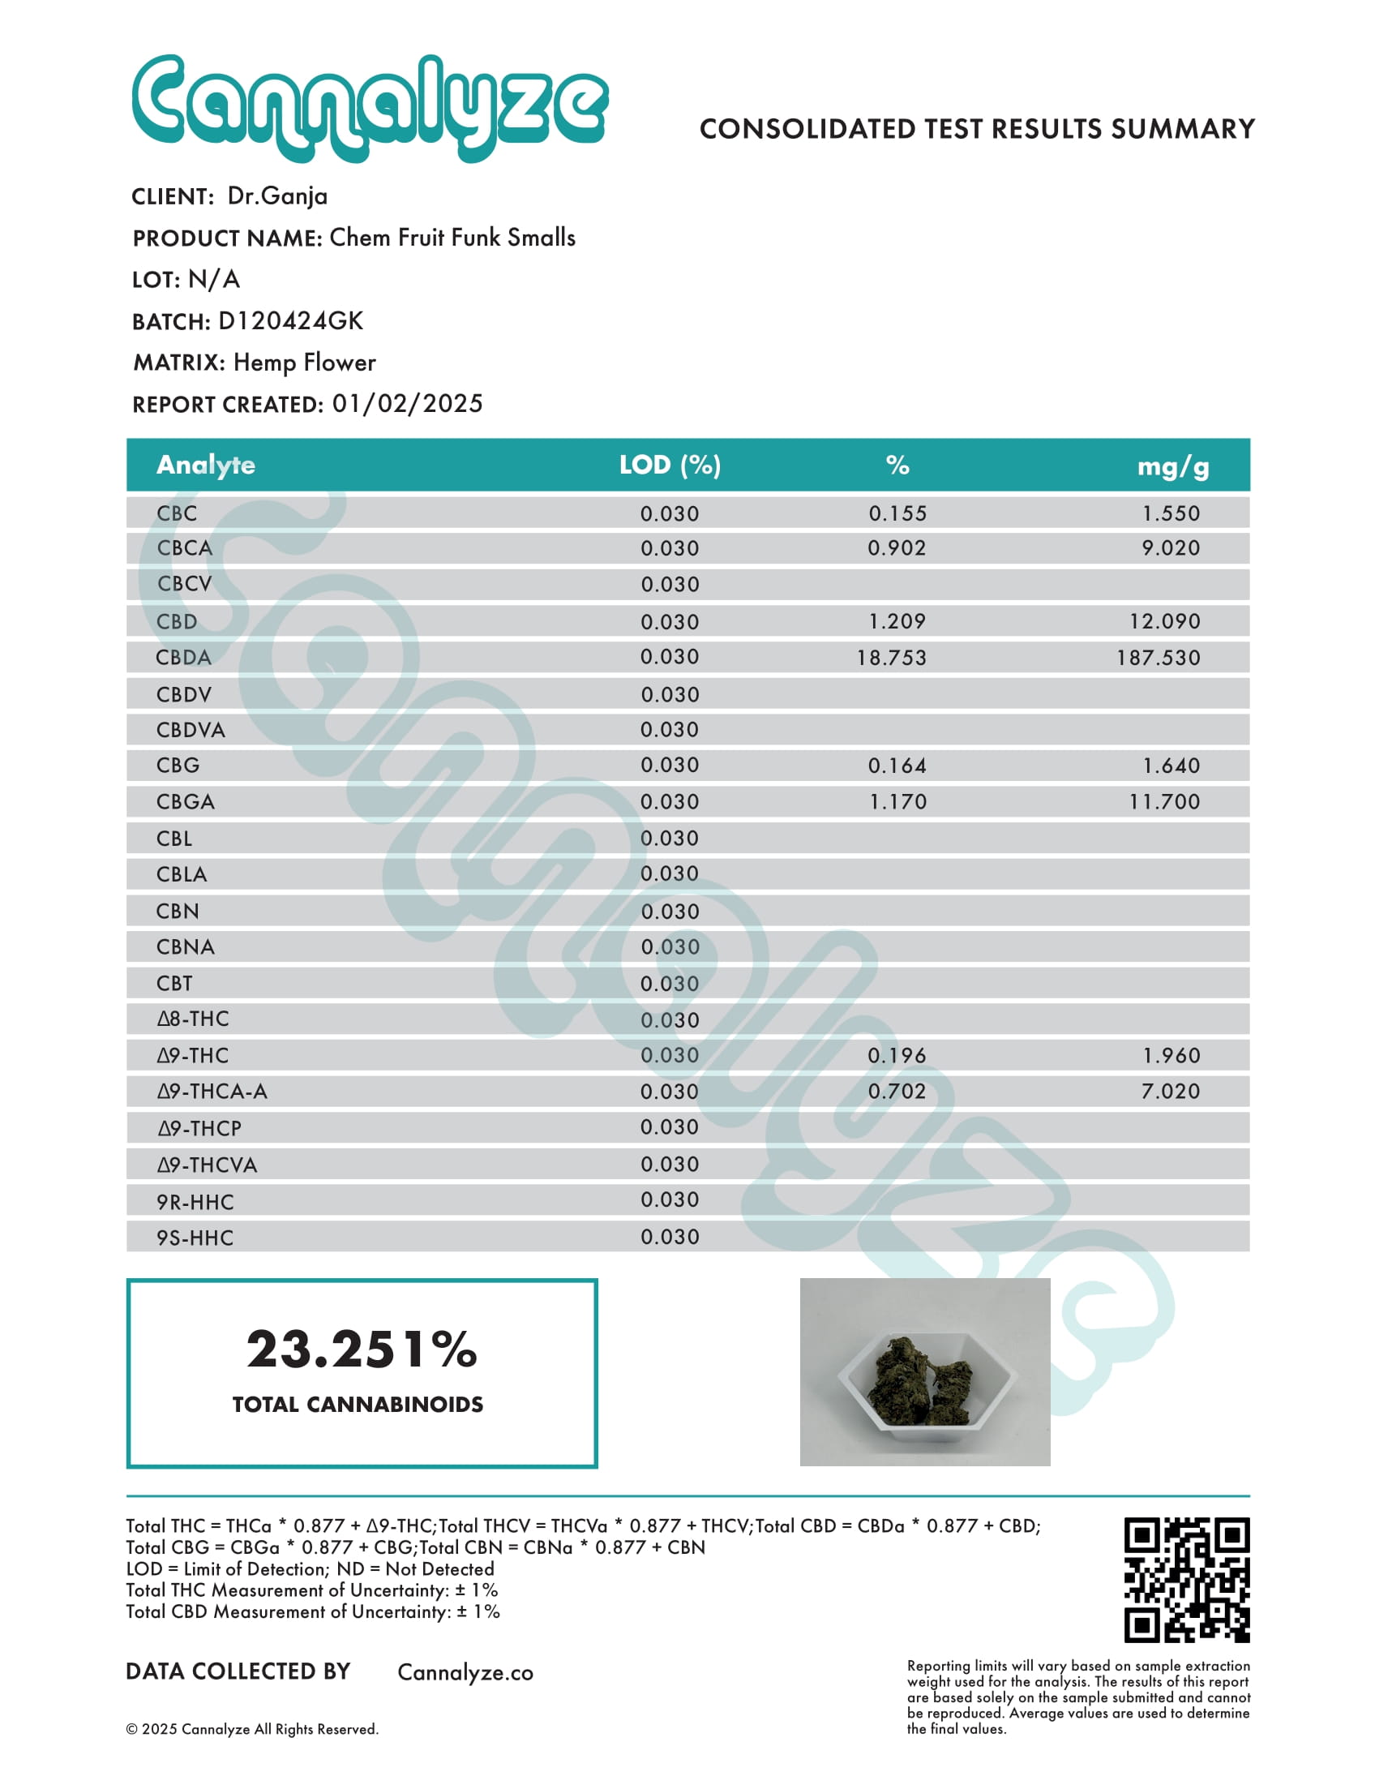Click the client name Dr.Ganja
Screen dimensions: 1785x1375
click(277, 196)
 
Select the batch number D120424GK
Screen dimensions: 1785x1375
click(290, 320)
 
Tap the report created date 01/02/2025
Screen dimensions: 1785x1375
click(407, 404)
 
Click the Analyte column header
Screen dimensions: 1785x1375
click(206, 465)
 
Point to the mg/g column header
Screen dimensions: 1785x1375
click(1172, 466)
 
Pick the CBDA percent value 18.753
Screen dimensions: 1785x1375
click(891, 658)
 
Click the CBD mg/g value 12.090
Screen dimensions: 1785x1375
click(1164, 621)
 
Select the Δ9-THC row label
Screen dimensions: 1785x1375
click(193, 1055)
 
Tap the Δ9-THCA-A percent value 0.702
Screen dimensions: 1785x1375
click(896, 1091)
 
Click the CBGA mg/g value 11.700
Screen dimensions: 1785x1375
click(1164, 802)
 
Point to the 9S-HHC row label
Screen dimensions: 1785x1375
click(195, 1238)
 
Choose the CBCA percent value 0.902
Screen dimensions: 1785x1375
click(896, 547)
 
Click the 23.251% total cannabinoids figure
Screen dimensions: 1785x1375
click(361, 1349)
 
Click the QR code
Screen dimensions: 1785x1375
click(1186, 1581)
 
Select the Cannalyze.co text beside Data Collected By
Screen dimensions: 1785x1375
click(465, 1673)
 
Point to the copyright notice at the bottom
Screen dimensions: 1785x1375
click(251, 1728)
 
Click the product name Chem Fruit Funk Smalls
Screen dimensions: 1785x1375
click(452, 238)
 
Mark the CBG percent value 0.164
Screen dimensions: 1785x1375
click(896, 766)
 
